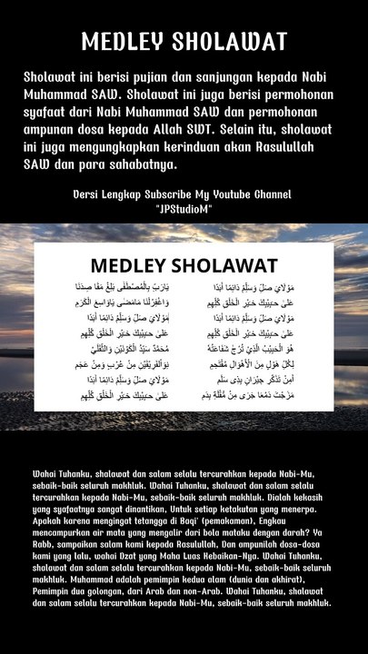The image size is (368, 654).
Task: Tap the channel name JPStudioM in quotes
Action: pyautogui.click(x=184, y=209)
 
